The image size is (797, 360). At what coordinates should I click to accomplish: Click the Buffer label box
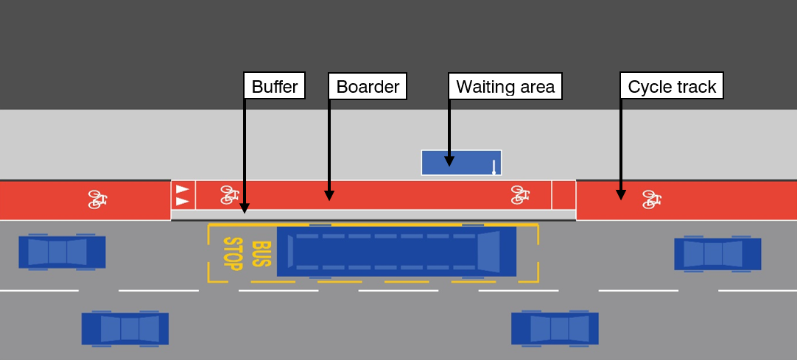[x=274, y=87]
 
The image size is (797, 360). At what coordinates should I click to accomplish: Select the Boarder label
[x=368, y=87]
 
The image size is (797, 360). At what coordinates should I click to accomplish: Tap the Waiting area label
[x=505, y=87]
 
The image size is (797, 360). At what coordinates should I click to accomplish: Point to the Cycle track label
[x=672, y=87]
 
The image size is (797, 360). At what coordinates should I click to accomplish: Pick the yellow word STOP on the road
[x=233, y=254]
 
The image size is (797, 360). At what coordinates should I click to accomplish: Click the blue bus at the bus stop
[x=396, y=252]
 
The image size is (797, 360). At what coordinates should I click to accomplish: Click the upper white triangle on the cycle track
[x=182, y=189]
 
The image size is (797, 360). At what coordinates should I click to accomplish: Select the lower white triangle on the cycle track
[x=182, y=201]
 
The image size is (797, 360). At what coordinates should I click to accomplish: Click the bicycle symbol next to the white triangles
[x=229, y=195]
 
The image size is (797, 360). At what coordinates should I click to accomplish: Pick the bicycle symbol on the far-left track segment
[x=97, y=200]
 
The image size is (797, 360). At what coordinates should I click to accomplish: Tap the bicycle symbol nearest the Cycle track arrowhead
[x=650, y=200]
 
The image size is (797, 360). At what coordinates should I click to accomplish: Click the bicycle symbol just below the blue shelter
[x=520, y=195]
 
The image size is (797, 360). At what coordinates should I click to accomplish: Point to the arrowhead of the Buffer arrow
[x=245, y=210]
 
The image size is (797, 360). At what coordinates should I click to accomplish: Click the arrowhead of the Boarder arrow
[x=329, y=196]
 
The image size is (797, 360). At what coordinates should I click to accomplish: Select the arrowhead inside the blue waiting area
[x=449, y=161]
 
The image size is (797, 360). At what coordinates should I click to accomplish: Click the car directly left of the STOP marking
[x=62, y=252]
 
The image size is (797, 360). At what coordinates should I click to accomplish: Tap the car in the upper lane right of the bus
[x=717, y=254]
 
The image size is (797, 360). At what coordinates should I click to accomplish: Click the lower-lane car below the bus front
[x=555, y=328]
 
